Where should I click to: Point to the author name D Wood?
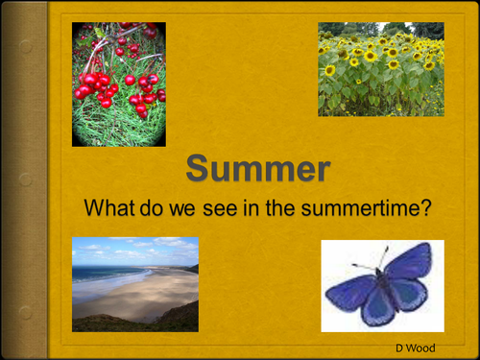[x=416, y=346]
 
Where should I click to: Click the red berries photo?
[x=119, y=84]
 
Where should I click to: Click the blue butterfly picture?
[x=382, y=286]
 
